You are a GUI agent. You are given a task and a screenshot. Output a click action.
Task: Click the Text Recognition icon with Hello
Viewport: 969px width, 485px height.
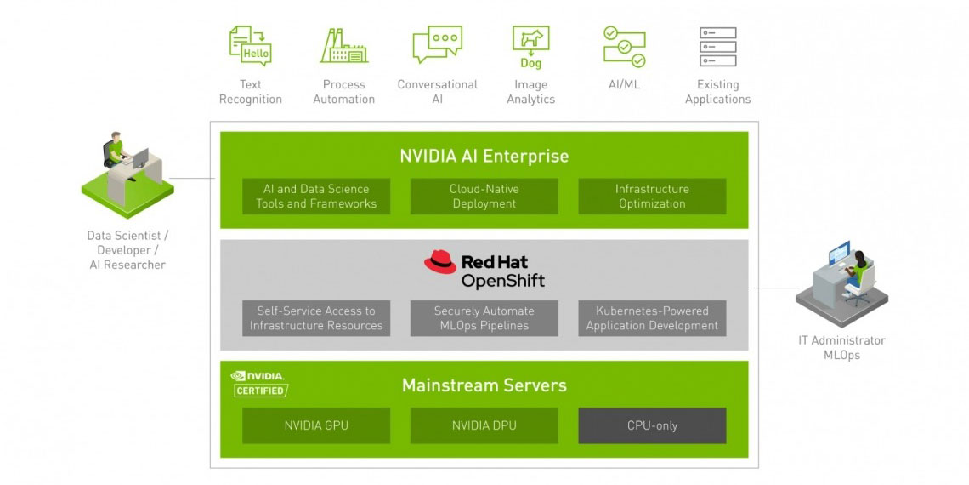click(250, 45)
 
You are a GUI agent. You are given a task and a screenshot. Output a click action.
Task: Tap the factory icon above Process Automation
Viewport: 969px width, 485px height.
click(343, 46)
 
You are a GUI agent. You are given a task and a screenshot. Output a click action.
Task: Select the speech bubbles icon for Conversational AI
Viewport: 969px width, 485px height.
click(437, 45)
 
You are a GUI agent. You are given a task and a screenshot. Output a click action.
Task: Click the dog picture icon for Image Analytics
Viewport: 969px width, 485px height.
click(530, 47)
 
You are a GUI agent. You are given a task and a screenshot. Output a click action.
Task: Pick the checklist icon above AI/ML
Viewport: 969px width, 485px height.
click(624, 46)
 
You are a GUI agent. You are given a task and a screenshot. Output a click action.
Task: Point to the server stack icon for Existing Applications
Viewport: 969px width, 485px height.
click(717, 46)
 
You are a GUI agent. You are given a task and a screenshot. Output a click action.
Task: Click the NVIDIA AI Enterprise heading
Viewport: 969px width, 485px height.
click(484, 157)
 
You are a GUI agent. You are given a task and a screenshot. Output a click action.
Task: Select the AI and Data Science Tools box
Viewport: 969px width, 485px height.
click(316, 197)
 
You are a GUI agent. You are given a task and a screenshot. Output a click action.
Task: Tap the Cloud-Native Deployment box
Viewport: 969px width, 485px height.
click(484, 197)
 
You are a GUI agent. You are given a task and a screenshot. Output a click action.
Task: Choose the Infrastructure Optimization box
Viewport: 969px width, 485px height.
click(652, 197)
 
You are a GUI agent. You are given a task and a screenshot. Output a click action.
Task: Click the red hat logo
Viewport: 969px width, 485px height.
click(440, 262)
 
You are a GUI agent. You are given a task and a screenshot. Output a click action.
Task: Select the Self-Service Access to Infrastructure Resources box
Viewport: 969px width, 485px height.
click(316, 318)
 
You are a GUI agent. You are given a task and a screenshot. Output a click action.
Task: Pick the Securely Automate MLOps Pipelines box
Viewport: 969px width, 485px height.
click(484, 318)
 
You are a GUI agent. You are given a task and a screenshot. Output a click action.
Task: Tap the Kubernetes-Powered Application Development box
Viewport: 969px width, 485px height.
click(652, 318)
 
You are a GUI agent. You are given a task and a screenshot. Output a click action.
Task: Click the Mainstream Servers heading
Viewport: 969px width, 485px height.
click(484, 385)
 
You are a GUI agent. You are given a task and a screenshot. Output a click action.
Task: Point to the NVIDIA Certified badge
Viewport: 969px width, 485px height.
click(258, 384)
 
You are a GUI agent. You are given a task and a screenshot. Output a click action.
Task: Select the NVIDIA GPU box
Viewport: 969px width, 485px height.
click(316, 425)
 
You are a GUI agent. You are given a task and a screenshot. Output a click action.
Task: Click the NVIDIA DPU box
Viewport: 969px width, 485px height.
click(484, 425)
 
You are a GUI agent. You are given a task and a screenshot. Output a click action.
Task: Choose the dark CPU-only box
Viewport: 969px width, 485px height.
click(652, 425)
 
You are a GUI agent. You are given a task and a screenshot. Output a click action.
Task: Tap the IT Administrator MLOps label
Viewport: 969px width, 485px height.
click(841, 347)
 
